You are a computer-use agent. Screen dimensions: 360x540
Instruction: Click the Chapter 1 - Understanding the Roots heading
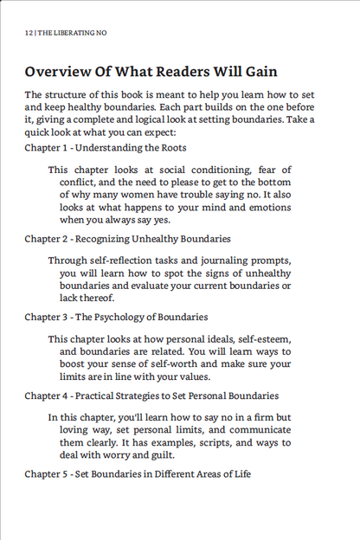point(105,148)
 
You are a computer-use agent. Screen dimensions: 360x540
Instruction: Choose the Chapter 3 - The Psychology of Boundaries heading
point(116,317)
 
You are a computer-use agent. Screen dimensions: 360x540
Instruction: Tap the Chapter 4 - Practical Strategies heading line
point(151,395)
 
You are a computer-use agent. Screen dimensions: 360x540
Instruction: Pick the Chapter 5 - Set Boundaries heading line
point(138,473)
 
